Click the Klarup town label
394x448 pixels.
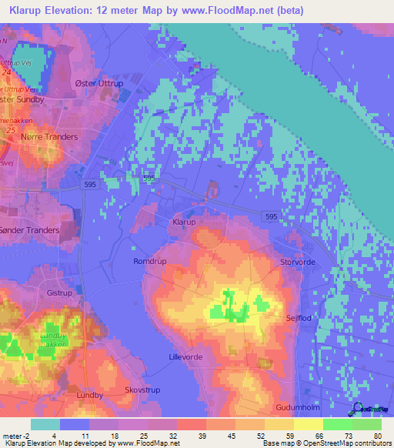coord(184,221)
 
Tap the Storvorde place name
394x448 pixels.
coord(299,262)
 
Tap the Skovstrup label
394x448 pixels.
coord(143,390)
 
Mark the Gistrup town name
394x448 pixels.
coord(59,293)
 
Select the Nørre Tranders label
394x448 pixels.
coord(49,137)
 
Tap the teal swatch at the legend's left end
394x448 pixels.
coord(45,424)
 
